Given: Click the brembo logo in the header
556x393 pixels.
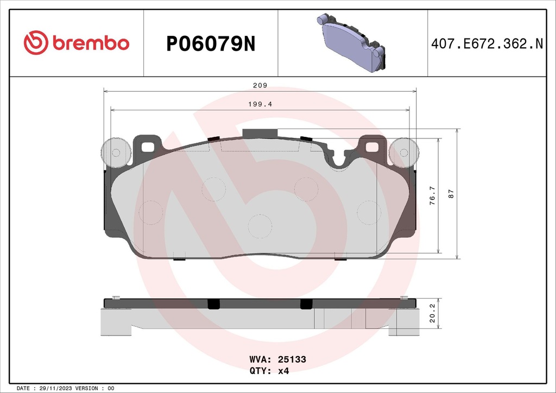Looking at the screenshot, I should click(77, 43).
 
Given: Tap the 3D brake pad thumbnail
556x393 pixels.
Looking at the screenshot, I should click(352, 43).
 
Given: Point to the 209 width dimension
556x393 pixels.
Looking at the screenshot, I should click(260, 86).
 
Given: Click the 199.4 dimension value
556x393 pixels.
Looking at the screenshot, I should click(260, 104).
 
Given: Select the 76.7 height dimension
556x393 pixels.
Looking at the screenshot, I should click(432, 195).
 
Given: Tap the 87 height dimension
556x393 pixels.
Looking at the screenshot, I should click(451, 194).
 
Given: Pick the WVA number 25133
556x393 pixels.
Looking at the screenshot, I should click(293, 359).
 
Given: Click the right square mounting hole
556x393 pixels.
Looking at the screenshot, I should click(372, 146).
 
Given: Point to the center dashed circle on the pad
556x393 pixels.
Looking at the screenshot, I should click(259, 225).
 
